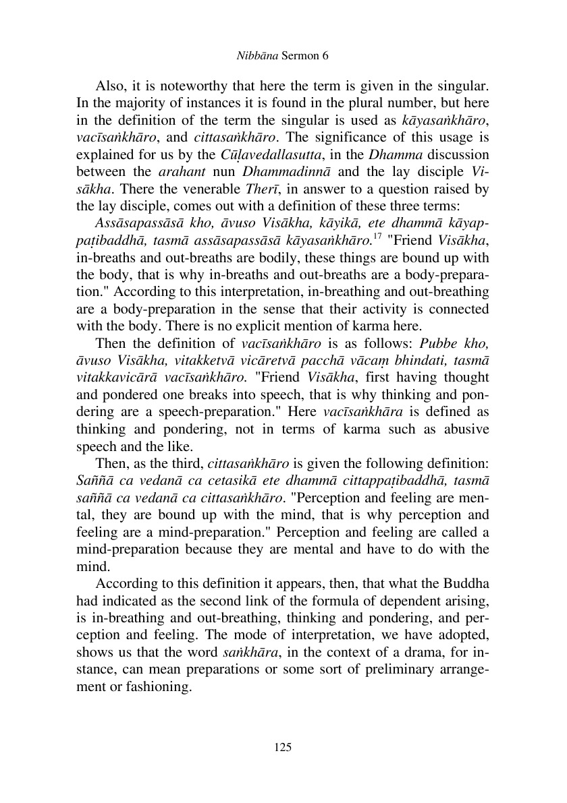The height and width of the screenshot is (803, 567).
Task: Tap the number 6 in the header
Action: pos(325,57)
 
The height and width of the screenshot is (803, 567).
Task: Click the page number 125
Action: pos(283,746)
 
